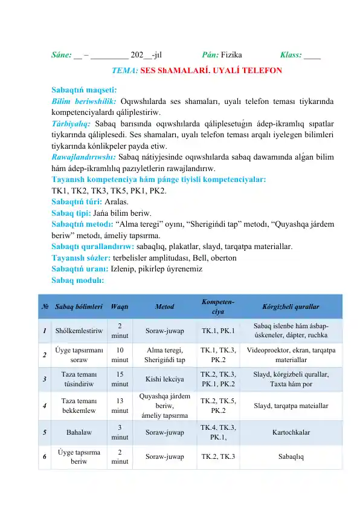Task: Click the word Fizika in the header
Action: click(x=232, y=54)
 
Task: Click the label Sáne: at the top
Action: click(x=62, y=54)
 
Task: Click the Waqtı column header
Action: click(x=119, y=306)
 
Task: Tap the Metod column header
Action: click(x=165, y=306)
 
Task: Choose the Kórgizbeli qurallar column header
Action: click(x=291, y=306)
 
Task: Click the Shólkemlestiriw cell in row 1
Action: click(x=79, y=331)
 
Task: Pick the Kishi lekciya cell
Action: click(x=165, y=380)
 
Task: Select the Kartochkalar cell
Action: click(x=291, y=433)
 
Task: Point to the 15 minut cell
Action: click(x=120, y=379)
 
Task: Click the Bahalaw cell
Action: click(x=79, y=433)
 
